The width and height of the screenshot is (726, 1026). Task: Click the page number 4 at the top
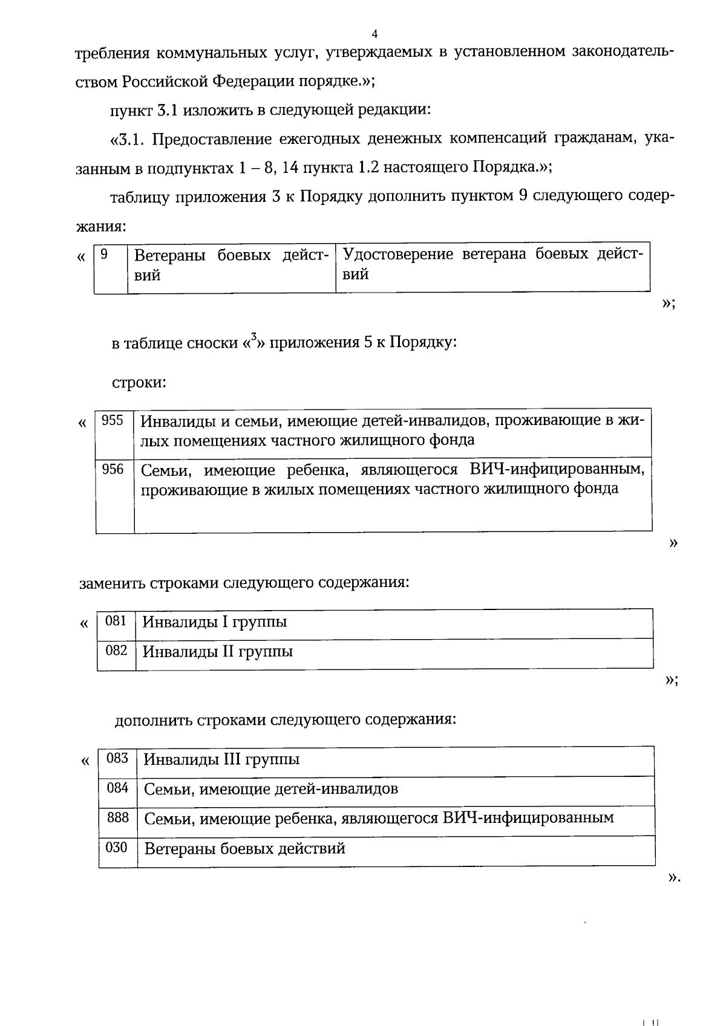(x=374, y=33)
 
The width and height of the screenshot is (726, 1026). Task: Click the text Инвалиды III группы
(x=222, y=759)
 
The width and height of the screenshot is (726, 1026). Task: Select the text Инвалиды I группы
(x=214, y=622)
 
